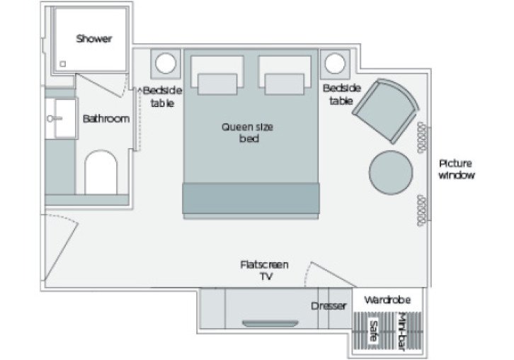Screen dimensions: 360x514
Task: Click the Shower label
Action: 94,38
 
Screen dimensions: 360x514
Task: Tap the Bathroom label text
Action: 106,118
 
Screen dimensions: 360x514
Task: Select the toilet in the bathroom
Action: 100,172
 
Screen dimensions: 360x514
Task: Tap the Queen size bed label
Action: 247,133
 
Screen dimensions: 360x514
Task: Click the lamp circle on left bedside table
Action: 166,64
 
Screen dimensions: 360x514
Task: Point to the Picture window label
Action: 457,168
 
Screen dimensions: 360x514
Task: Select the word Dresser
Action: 329,306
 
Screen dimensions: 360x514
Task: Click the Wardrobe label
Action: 387,300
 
